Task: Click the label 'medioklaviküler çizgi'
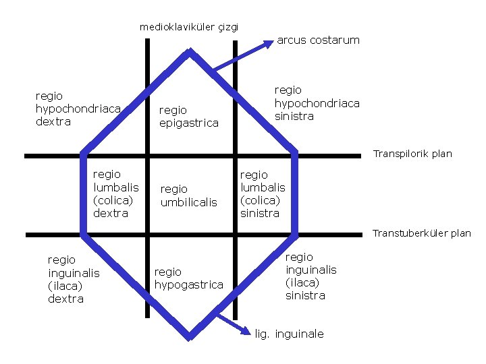189,28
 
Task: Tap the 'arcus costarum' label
318,40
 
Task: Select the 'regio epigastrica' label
189,116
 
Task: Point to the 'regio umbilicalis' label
189,195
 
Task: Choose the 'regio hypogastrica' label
189,278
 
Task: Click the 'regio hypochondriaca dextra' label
78,109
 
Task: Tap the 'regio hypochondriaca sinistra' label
317,102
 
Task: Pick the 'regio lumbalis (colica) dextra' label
115,193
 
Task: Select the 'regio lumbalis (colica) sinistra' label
263,193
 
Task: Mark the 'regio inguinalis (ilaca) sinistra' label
310,276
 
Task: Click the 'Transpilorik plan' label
412,154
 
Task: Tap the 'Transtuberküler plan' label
422,233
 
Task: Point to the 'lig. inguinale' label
290,334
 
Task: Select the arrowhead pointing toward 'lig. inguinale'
246,330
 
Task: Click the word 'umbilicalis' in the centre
189,202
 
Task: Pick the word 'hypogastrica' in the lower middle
189,284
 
